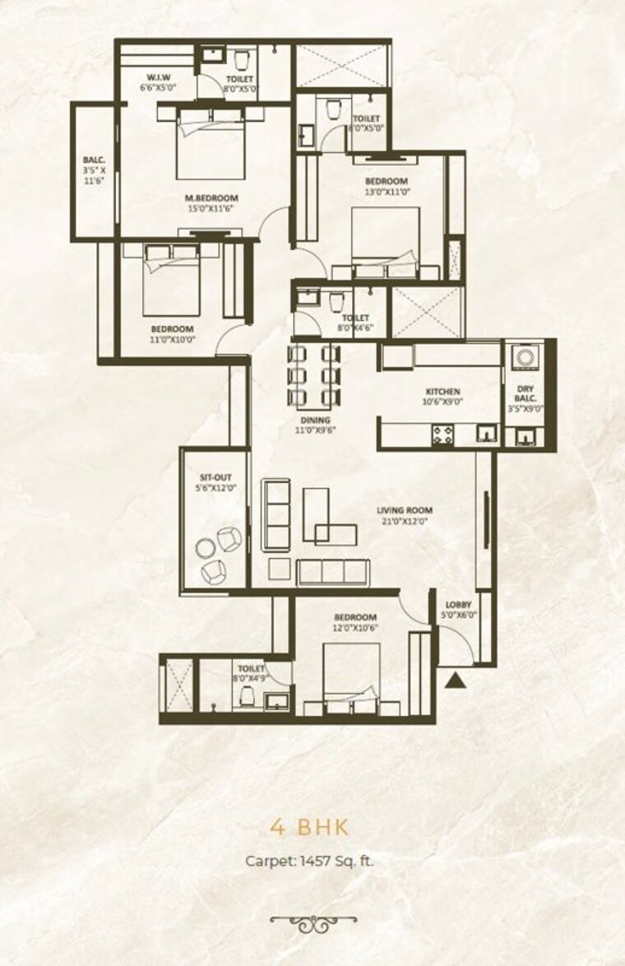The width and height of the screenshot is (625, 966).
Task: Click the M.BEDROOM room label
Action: coord(211,197)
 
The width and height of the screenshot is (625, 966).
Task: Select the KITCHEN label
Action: coord(442,392)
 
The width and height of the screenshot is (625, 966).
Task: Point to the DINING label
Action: coord(315,420)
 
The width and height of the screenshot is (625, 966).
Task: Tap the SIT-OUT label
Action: coord(212,476)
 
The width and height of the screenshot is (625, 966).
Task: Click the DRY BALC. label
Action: coord(526,392)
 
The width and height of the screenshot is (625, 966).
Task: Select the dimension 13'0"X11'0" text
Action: coord(386,192)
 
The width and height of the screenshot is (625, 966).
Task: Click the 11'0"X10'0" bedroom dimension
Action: coord(172,340)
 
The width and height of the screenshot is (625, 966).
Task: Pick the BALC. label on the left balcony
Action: coord(92,160)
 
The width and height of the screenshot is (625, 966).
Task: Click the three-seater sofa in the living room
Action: coord(324,569)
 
